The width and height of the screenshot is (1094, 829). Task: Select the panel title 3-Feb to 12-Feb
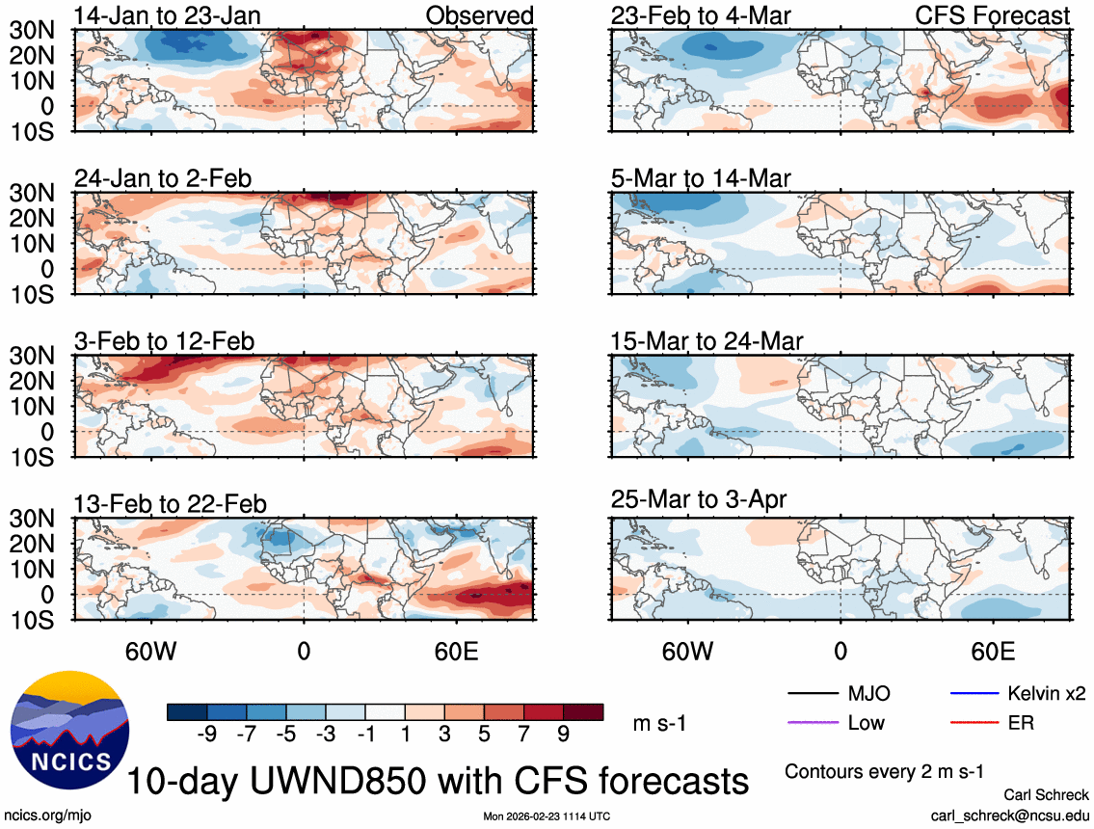[165, 341]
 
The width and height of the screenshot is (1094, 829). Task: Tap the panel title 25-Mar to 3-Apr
[699, 499]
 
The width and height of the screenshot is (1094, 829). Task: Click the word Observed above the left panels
[479, 15]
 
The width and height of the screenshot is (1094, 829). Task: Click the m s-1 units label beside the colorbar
[658, 723]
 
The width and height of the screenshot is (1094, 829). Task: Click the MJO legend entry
[868, 694]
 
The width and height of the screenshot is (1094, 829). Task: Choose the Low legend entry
[865, 722]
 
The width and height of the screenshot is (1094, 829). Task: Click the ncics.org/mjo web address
[41, 816]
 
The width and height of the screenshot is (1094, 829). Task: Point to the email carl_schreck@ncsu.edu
[1009, 816]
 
